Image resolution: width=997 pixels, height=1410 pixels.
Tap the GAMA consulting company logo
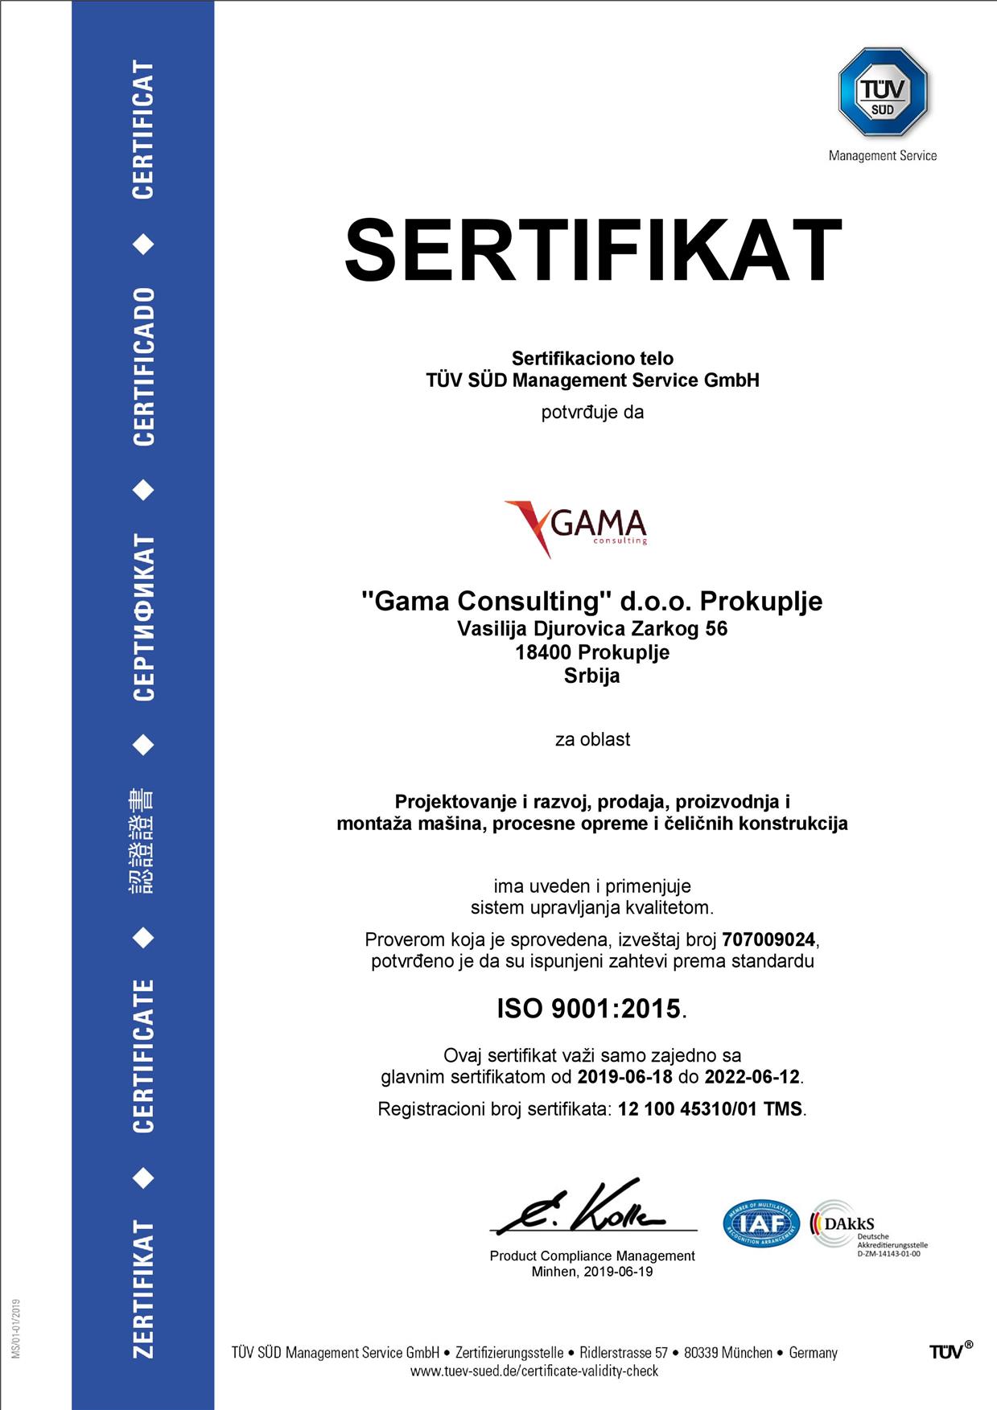pyautogui.click(x=576, y=527)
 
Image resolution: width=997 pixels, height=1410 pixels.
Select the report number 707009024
pyautogui.click(x=768, y=939)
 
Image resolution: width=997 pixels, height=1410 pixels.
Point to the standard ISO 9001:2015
pyautogui.click(x=589, y=1008)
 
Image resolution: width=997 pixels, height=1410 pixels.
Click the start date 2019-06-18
pyautogui.click(x=625, y=1076)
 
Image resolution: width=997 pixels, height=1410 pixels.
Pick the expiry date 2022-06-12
pyautogui.click(x=752, y=1076)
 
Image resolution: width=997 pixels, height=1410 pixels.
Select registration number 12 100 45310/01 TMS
pyautogui.click(x=710, y=1109)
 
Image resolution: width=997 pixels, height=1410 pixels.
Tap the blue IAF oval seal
pyautogui.click(x=761, y=1223)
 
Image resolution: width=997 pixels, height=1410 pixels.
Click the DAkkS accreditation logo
pyautogui.click(x=845, y=1223)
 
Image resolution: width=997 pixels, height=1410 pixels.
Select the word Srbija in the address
pyautogui.click(x=592, y=676)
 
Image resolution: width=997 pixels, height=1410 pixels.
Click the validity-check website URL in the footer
pyautogui.click(x=534, y=1371)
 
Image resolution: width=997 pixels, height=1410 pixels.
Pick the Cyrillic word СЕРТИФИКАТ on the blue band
pyautogui.click(x=143, y=617)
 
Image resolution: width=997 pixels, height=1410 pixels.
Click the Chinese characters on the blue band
pyautogui.click(x=143, y=841)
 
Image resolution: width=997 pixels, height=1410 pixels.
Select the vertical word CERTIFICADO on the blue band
pyautogui.click(x=143, y=366)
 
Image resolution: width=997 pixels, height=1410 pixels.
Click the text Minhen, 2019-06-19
pyautogui.click(x=592, y=1272)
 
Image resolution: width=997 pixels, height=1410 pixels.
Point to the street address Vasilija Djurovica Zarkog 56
pyautogui.click(x=592, y=628)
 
